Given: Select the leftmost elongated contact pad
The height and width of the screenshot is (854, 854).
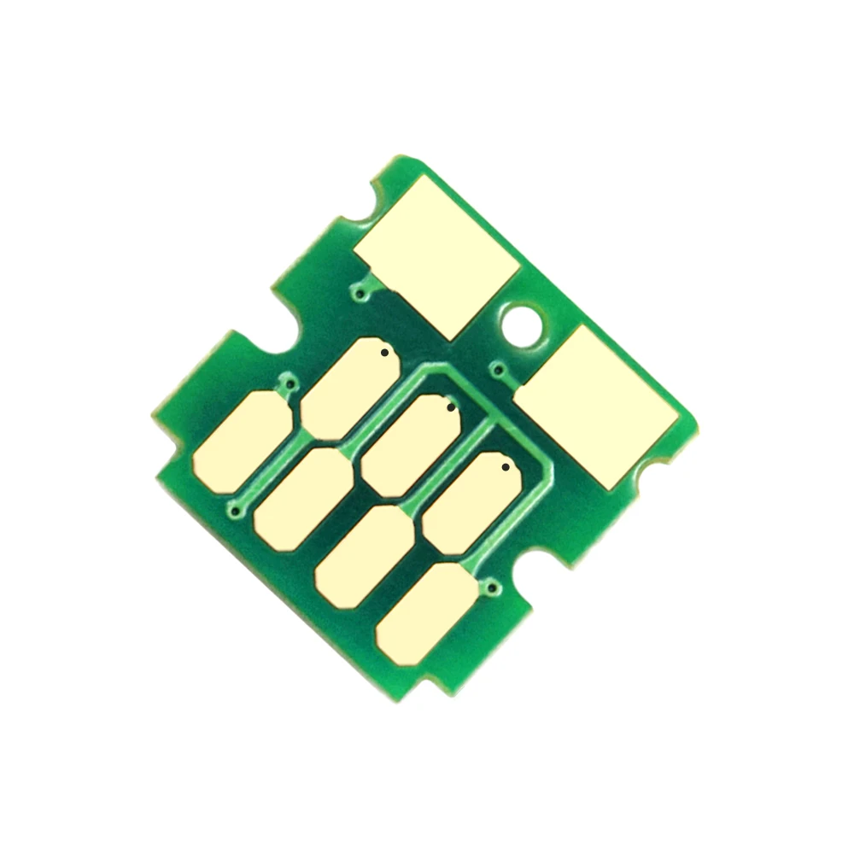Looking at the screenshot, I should (242, 441).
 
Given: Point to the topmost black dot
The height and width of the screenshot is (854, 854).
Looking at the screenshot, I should (385, 352).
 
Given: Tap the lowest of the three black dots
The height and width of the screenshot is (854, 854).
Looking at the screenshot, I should (506, 467).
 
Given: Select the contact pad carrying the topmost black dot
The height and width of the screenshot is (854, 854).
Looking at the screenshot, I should (350, 388).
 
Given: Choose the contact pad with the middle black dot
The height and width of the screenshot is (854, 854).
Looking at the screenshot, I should (411, 445).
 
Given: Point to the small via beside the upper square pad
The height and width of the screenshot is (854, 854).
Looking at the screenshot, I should (364, 295).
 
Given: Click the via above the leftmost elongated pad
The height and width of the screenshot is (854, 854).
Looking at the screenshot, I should (292, 386).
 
